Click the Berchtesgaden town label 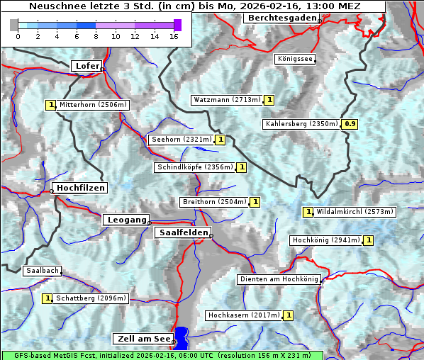coord(280,18)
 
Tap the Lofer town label coord(87,66)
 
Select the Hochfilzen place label coord(80,188)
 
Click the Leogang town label coord(126,220)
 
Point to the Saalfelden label coord(183,232)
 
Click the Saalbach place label coord(42,271)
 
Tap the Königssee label coord(294,60)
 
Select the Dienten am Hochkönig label coord(279,280)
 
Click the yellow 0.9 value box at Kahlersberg coord(350,124)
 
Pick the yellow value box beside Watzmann coord(269,100)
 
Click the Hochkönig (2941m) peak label coord(325,240)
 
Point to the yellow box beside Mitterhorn coord(50,105)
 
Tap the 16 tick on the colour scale coord(174,36)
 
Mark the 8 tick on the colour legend coord(96,36)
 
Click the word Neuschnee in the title coord(55,6)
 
